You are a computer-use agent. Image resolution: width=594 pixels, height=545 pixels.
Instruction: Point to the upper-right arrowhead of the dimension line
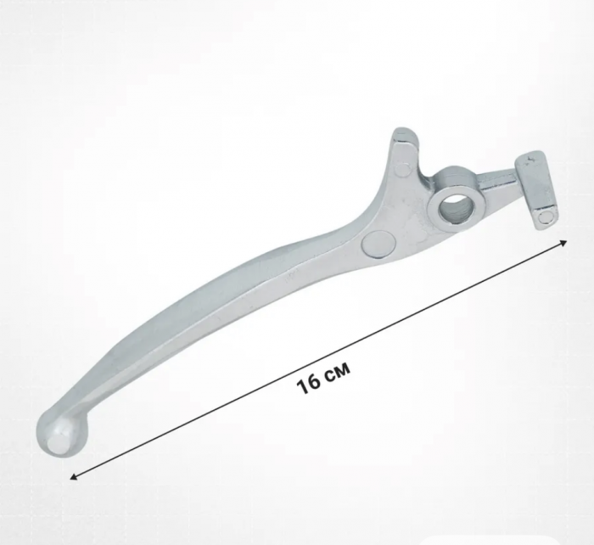(563, 243)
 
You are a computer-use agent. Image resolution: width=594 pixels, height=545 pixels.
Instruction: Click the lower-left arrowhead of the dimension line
(74, 477)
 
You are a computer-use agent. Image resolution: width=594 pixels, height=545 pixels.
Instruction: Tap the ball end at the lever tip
(60, 432)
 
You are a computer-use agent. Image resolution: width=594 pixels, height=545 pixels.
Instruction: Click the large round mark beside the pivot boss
(378, 244)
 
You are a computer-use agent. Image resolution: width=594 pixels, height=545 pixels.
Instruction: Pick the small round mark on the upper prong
(404, 169)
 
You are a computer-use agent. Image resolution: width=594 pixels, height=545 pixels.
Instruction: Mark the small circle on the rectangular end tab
(546, 217)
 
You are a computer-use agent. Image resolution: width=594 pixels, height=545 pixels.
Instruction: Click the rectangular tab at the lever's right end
(536, 189)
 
